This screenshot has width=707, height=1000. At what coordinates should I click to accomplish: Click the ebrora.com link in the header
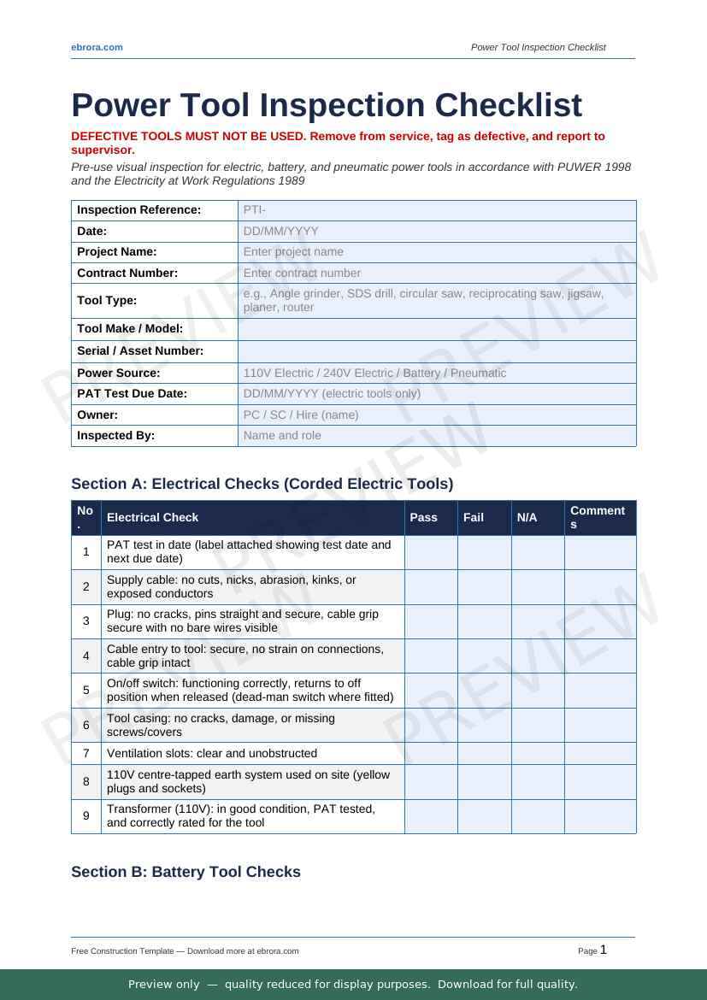tap(97, 47)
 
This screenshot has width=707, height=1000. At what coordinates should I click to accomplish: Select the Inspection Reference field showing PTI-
tap(436, 210)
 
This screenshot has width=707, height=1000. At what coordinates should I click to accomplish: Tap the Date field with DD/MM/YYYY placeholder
tap(436, 231)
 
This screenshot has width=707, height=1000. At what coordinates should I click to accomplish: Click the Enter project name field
tap(436, 252)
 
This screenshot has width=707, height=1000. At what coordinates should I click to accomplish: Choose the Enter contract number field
tap(436, 274)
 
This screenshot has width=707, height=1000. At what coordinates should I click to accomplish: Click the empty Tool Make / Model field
tap(436, 329)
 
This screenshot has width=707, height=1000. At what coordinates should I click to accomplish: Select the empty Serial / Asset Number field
tap(436, 351)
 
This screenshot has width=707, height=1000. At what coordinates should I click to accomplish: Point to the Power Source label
tap(119, 373)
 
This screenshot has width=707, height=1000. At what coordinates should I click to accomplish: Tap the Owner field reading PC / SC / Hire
tap(436, 415)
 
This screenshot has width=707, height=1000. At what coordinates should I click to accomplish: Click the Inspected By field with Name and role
tap(436, 436)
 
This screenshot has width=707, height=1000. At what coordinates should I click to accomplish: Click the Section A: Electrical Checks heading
tap(262, 484)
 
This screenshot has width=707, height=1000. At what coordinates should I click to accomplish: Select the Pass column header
tap(424, 517)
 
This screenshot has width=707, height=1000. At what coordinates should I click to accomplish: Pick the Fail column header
tap(473, 517)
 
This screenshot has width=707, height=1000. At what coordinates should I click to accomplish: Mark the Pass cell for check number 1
tap(431, 552)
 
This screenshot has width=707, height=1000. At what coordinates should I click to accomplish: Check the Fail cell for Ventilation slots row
tap(484, 754)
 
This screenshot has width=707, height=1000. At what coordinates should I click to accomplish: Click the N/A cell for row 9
tap(538, 816)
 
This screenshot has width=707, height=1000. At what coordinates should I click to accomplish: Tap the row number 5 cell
tap(86, 691)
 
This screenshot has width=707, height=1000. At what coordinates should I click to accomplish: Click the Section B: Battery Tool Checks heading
tap(186, 872)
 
